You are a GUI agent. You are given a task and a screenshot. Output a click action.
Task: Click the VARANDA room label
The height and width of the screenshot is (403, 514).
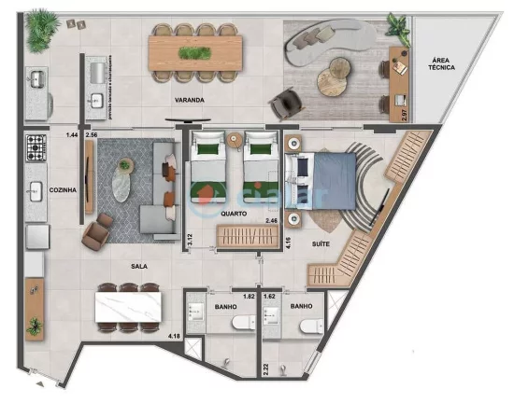[189, 99]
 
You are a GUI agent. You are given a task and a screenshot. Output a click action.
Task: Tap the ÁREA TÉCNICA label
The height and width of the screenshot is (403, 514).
[442, 63]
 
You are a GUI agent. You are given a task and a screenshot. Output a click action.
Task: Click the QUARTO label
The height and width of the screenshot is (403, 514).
[234, 214]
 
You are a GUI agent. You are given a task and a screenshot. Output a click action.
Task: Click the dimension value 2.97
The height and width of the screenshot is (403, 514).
[403, 116]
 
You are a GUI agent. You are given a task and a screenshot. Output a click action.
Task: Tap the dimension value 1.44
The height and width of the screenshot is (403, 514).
[71, 136]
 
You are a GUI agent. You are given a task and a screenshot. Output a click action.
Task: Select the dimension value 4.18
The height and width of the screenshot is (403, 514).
[174, 335]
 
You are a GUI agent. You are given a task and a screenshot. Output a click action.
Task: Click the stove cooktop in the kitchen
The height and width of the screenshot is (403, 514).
[36, 146]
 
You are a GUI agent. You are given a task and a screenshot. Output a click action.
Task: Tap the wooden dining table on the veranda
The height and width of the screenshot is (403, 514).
[195, 50]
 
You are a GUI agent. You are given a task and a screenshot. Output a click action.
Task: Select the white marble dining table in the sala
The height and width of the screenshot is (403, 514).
[130, 305]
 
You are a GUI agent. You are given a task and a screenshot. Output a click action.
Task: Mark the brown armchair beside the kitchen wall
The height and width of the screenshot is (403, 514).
[95, 234]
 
